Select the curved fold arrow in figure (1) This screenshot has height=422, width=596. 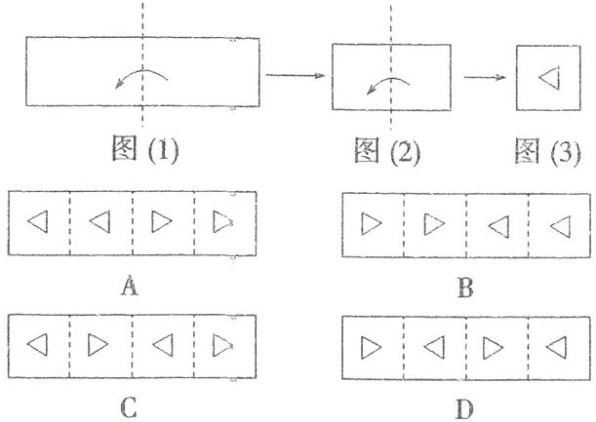(x=142, y=77)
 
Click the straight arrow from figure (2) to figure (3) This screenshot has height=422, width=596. (x=486, y=77)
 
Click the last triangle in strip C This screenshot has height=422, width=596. (x=224, y=345)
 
